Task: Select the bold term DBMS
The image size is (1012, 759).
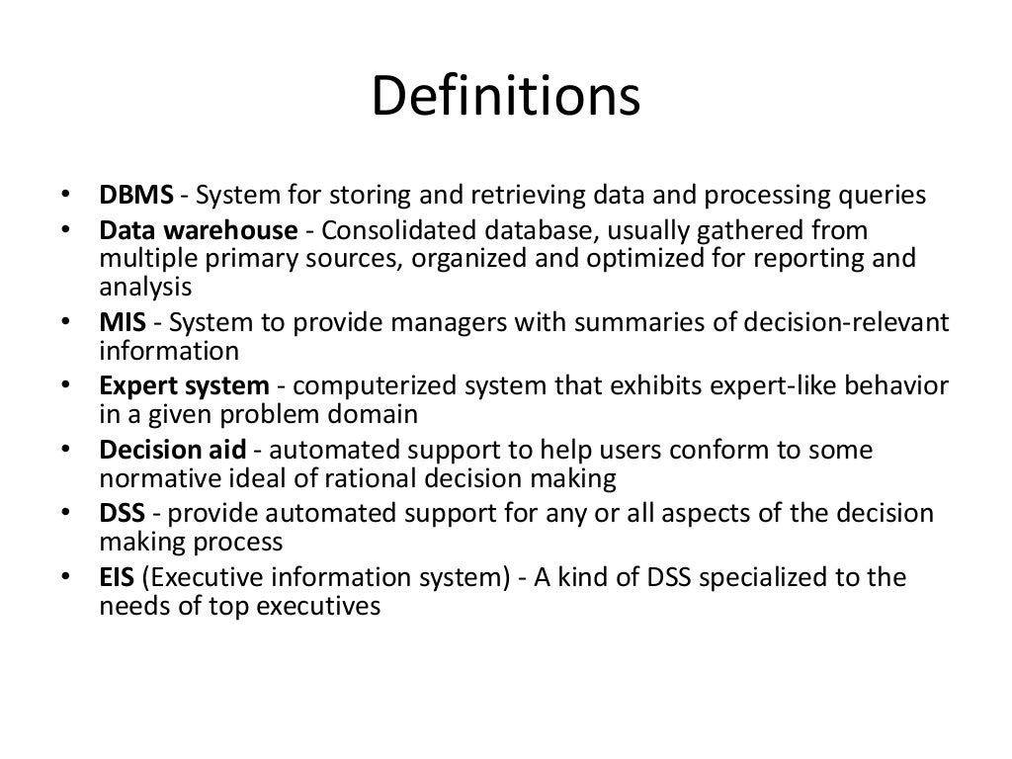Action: (136, 195)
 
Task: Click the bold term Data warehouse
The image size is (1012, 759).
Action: (198, 231)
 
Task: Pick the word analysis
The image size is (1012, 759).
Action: (144, 288)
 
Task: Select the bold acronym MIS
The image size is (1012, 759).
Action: (124, 323)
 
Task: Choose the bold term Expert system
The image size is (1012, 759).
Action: (184, 385)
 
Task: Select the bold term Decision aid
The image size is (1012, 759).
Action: (173, 450)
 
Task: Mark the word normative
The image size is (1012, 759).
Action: (161, 478)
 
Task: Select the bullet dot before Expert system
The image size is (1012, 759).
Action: (64, 386)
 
